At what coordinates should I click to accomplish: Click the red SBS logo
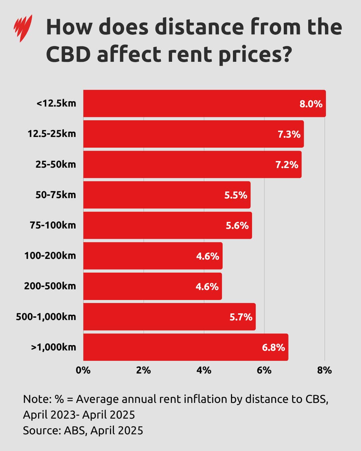click(x=23, y=28)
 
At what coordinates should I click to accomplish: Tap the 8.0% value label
click(x=311, y=104)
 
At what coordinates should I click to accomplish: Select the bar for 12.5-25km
click(x=193, y=134)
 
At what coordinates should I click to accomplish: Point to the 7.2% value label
click(x=286, y=165)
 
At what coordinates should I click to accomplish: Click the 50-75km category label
click(x=55, y=195)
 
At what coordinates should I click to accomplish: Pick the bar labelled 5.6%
click(x=167, y=225)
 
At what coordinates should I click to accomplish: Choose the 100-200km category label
click(x=50, y=256)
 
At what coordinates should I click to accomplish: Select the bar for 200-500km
click(x=152, y=286)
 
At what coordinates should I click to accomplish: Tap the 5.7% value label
click(x=241, y=317)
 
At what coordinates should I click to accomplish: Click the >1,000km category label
click(x=53, y=347)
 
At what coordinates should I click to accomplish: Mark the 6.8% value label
click(x=273, y=347)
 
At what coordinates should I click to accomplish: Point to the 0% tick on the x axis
click(x=83, y=370)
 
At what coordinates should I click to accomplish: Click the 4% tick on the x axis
click(x=204, y=370)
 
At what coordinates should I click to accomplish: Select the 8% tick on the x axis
click(x=324, y=370)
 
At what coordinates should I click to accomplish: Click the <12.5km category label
click(x=56, y=103)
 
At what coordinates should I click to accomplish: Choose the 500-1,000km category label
click(x=46, y=317)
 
